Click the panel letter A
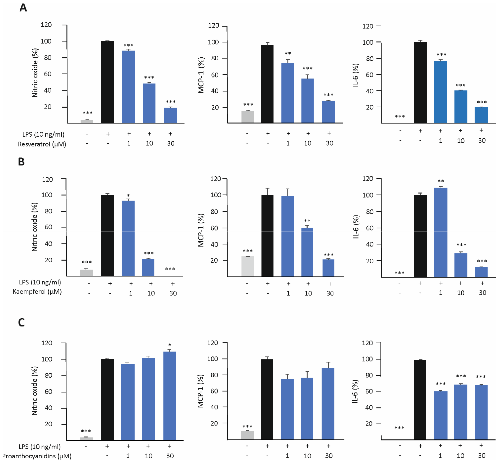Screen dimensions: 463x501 coord(23,8)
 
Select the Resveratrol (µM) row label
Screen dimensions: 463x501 coord(42,144)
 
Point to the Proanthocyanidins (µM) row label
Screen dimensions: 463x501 coord(37,456)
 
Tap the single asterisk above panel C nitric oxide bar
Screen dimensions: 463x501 coord(170,345)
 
